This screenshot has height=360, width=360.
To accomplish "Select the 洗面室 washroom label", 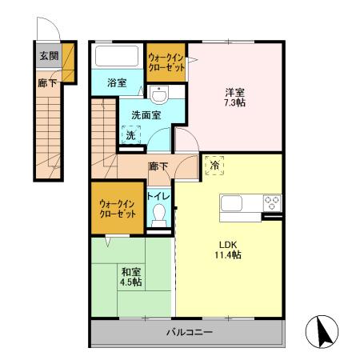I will point(146,115).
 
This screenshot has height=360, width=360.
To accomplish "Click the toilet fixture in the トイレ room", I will point(158,214).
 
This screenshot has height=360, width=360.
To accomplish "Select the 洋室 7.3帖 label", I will point(235,97).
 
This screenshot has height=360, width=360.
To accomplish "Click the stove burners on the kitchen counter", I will point(272,202).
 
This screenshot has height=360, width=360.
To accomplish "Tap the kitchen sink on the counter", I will point(231,202).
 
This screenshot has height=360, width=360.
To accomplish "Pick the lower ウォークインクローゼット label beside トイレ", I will point(116,210).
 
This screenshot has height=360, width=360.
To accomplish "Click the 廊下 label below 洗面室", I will point(158,166).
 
